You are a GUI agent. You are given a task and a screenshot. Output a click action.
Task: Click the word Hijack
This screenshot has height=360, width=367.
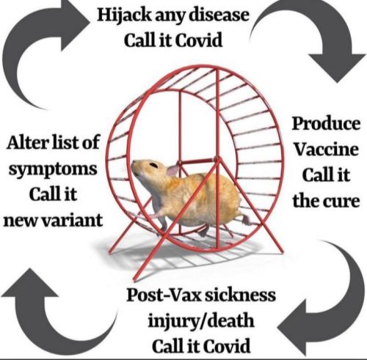[124, 16]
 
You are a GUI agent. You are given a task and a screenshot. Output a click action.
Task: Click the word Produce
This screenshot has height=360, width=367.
[326, 124]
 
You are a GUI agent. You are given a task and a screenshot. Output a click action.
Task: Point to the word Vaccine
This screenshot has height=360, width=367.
[326, 149]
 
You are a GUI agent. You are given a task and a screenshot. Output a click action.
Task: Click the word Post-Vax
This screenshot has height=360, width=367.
[164, 295]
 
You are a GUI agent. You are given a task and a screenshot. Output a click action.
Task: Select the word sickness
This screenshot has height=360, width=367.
[240, 295]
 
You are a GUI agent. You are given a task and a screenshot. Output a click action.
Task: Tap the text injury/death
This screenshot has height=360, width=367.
[201, 321]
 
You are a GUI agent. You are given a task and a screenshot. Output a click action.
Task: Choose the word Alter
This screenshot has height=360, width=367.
[27, 142]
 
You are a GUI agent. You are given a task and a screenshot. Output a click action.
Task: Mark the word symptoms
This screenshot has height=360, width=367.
[53, 170]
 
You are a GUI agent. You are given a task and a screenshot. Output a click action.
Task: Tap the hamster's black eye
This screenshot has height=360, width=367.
[153, 165]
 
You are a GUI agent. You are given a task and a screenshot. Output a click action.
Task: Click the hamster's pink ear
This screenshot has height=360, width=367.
[172, 170]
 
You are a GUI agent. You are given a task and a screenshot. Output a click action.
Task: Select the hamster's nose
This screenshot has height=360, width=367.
[133, 165]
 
